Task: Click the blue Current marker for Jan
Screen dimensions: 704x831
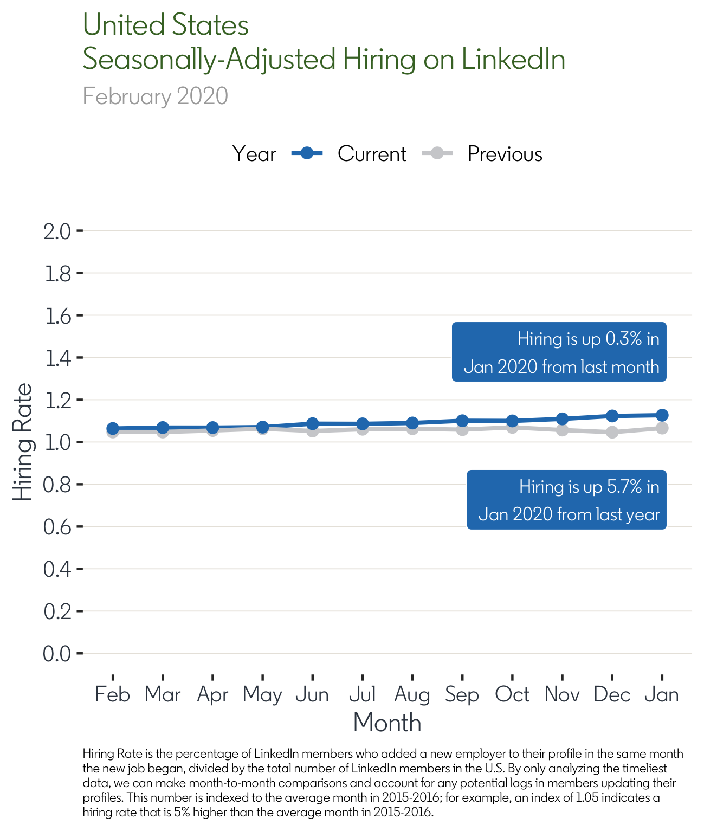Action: pyautogui.click(x=662, y=415)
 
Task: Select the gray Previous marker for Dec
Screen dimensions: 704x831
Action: pyautogui.click(x=612, y=432)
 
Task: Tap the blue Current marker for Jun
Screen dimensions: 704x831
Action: pyautogui.click(x=312, y=423)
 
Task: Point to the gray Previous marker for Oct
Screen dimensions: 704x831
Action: pyautogui.click(x=512, y=428)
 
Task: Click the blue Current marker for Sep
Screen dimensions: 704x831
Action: pyautogui.click(x=462, y=421)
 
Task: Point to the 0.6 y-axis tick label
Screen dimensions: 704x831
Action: pyautogui.click(x=57, y=527)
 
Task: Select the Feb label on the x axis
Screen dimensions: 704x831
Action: pyautogui.click(x=113, y=694)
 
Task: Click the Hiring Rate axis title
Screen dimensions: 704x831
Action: pyautogui.click(x=22, y=442)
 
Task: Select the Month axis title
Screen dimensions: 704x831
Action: pyautogui.click(x=387, y=723)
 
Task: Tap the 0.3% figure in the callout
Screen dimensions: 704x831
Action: pyautogui.click(x=624, y=339)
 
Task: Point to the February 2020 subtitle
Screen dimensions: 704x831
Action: pyautogui.click(x=155, y=96)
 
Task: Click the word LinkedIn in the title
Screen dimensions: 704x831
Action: pyautogui.click(x=513, y=59)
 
